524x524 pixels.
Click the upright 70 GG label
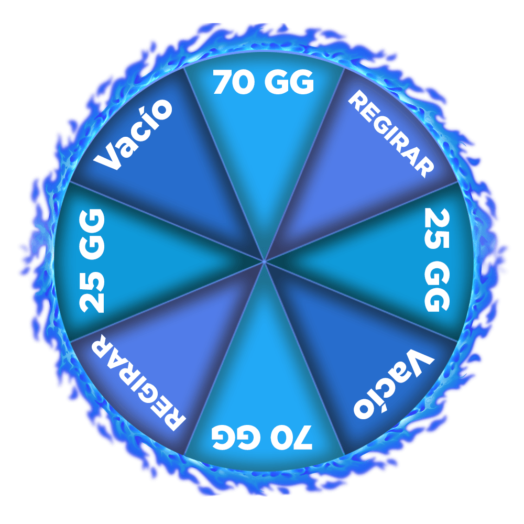pos(264,82)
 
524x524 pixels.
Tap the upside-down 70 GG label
pos(262,438)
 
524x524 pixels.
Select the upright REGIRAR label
pos(391,134)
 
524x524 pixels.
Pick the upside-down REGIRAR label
pos(138,382)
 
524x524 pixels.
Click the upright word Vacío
pos(133,134)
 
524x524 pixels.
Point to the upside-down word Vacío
pos(394,384)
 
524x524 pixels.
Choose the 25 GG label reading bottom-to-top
pos(92,261)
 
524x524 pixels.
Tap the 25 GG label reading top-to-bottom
pos(437,260)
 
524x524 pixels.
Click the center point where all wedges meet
pos(264,261)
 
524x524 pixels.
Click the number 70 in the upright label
pos(234,82)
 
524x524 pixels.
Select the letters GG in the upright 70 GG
pos(289,82)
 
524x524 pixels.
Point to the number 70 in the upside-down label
pos(291,438)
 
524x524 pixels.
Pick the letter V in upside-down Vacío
pos(420,364)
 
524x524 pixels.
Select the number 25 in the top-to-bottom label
pos(437,228)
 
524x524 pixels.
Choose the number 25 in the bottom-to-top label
pos(92,293)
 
